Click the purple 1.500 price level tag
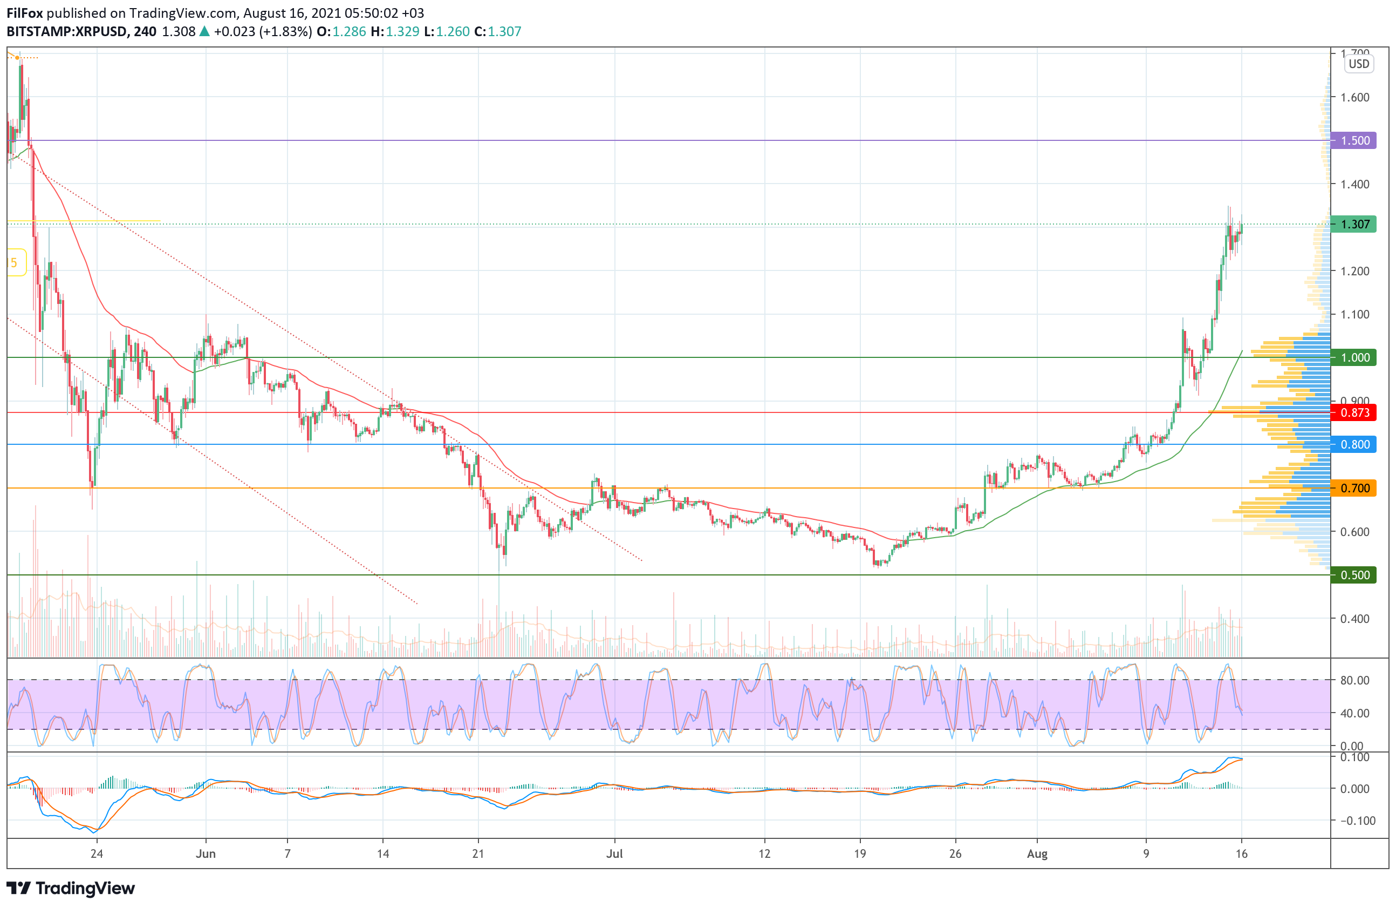tap(1354, 140)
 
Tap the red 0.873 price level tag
tap(1354, 412)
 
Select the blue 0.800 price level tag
tap(1354, 444)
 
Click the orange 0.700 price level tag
tap(1354, 488)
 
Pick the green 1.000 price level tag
tap(1354, 357)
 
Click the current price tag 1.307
tap(1354, 224)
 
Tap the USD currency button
tap(1358, 64)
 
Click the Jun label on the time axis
tap(206, 853)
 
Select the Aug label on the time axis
tap(1037, 853)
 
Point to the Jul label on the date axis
tap(614, 853)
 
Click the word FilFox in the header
tap(25, 13)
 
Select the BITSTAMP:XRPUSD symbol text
tap(67, 32)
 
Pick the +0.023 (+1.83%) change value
tap(262, 32)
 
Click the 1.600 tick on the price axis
tap(1355, 97)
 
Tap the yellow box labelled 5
tap(15, 263)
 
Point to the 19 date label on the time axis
tap(859, 853)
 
